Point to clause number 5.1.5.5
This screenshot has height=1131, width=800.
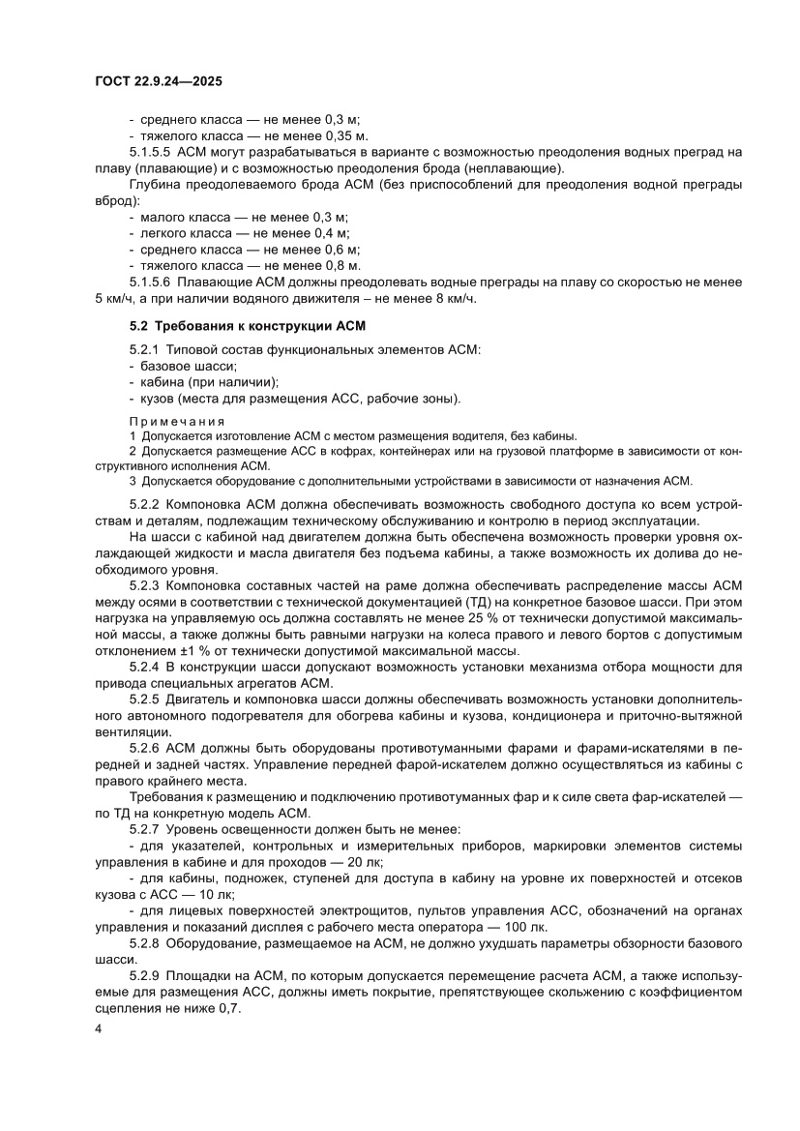(150, 152)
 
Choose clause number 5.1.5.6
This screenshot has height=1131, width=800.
(150, 282)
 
